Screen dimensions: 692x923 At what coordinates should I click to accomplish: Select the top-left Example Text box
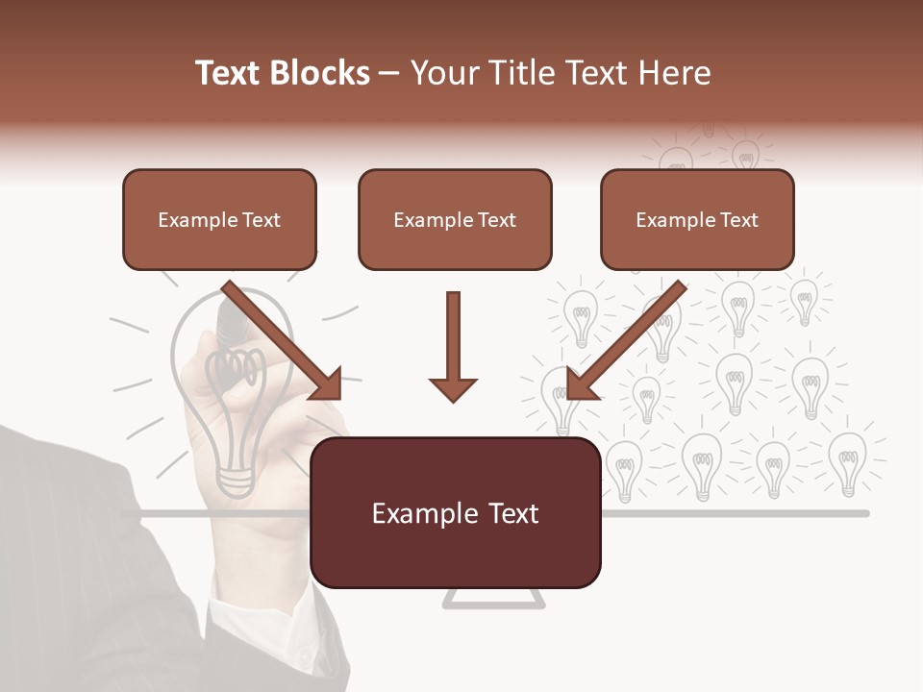[219, 219]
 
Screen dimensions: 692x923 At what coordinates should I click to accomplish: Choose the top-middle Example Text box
[455, 219]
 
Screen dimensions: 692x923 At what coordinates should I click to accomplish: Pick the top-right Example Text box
[697, 219]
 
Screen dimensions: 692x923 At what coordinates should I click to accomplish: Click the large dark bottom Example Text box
[455, 512]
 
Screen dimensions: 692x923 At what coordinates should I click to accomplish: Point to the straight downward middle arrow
[453, 346]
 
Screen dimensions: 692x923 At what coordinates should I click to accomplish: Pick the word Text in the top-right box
[738, 220]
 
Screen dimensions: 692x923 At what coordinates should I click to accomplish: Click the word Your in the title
[441, 73]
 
